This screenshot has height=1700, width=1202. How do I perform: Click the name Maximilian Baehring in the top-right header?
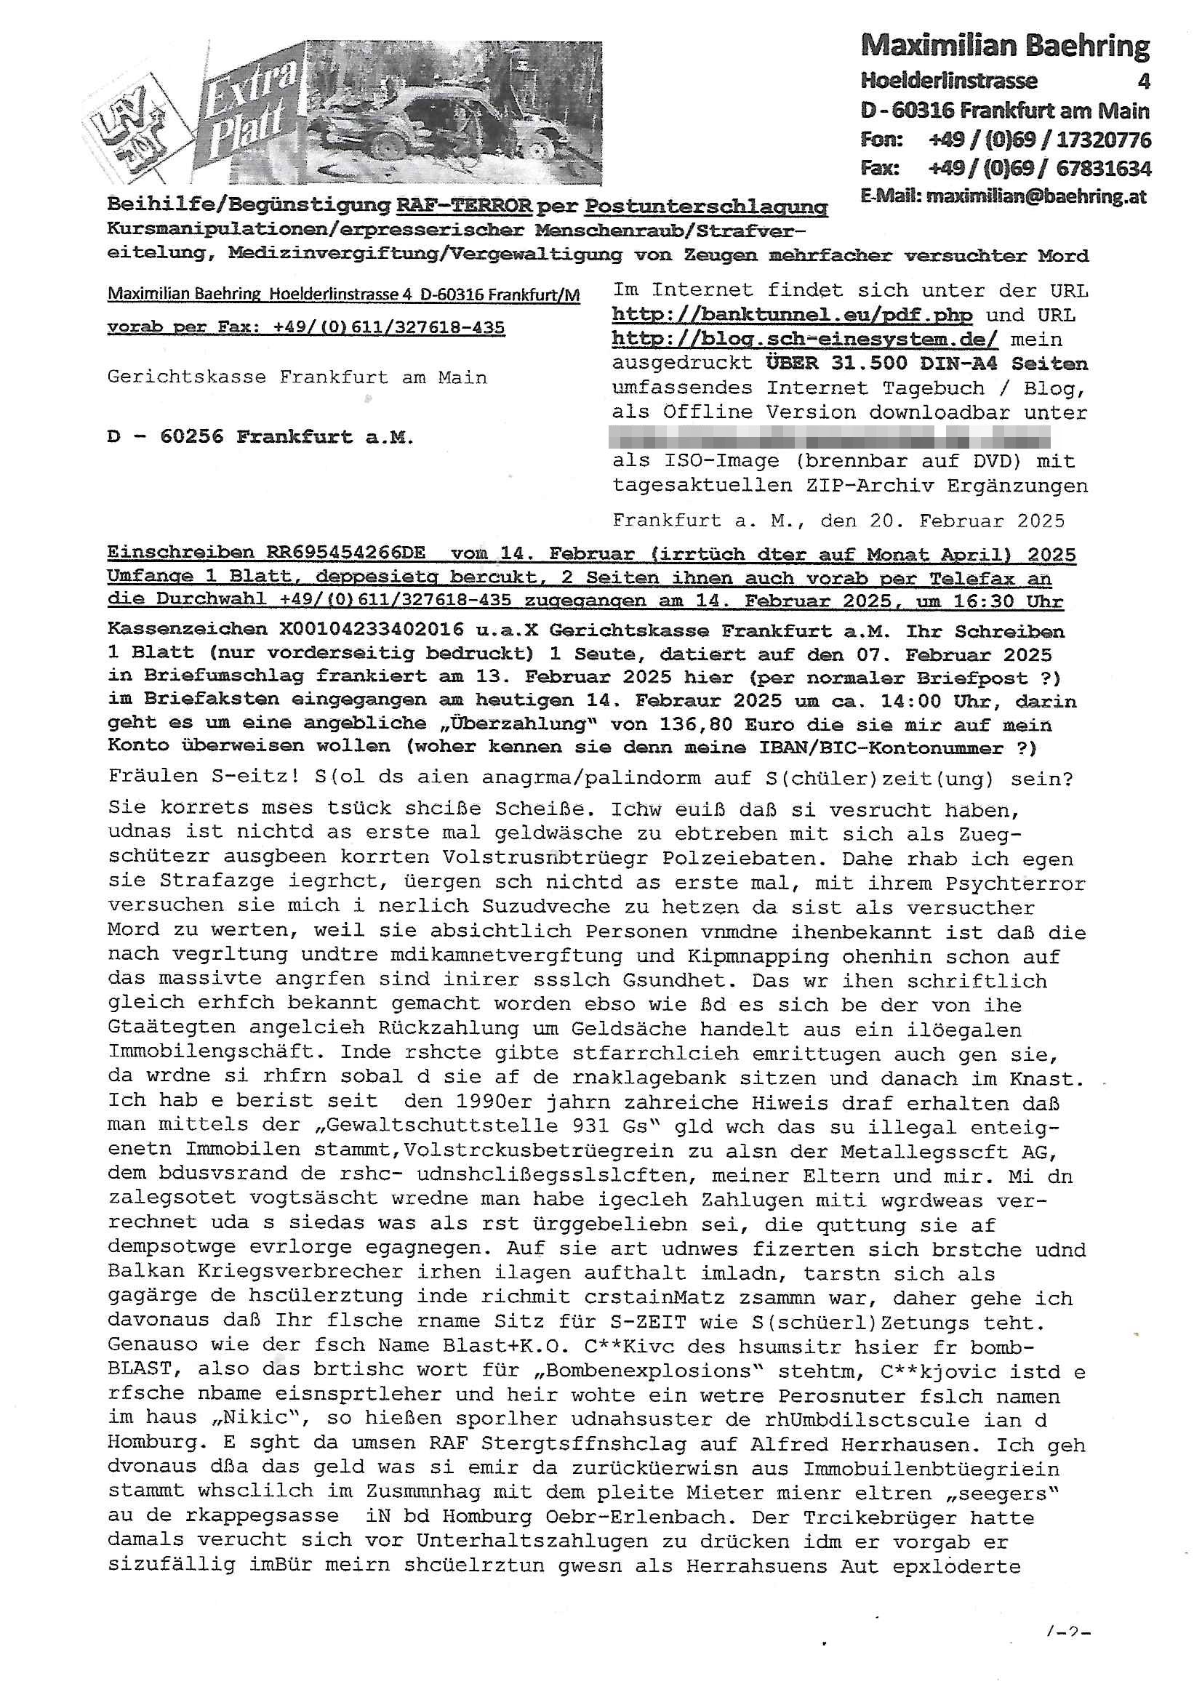1004,47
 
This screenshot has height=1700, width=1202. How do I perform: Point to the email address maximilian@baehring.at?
1003,197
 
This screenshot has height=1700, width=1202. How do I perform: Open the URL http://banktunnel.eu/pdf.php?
792,315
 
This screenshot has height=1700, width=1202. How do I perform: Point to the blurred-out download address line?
828,436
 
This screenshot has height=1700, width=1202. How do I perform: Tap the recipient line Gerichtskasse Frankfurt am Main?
297,377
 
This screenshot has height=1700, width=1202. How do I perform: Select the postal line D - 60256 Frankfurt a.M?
260,437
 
